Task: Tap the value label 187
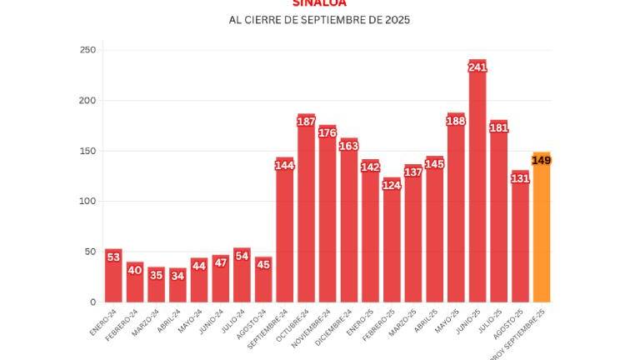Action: coord(306,122)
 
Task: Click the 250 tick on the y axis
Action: coord(87,50)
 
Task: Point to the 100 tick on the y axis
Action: coord(87,202)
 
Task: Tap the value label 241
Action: coord(477,67)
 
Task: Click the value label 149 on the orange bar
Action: coord(542,160)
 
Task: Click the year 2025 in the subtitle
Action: coord(396,19)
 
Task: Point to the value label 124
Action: coord(392,185)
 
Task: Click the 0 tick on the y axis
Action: coord(92,302)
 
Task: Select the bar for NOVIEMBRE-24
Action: coord(327,221)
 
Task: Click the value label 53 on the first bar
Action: coord(113,257)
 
